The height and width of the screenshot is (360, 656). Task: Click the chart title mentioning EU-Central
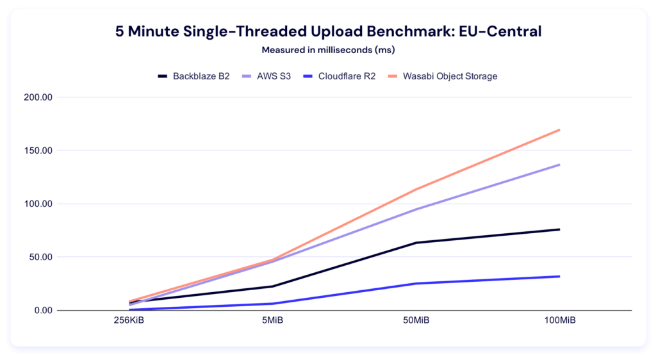point(327,32)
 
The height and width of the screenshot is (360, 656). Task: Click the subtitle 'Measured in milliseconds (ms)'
point(327,49)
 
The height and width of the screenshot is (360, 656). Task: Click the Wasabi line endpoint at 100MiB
point(559,130)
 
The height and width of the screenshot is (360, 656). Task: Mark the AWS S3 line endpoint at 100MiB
point(559,165)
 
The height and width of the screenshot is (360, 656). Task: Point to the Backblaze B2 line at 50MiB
point(416,243)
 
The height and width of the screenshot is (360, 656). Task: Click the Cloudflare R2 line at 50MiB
point(416,283)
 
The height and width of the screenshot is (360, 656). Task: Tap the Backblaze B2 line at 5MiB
point(273,286)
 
